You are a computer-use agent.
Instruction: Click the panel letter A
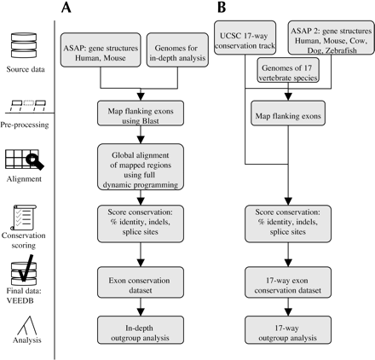pyautogui.click(x=66, y=7)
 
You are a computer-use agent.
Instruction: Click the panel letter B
pyautogui.click(x=222, y=7)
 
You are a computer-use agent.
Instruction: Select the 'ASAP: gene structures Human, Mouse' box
pyautogui.click(x=101, y=50)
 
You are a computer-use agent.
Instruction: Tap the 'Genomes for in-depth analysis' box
pyautogui.click(x=177, y=50)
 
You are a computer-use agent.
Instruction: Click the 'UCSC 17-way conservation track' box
pyautogui.click(x=245, y=38)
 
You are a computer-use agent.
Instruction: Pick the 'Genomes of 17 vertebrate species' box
pyautogui.click(x=288, y=70)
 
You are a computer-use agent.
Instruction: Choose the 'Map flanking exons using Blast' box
pyautogui.click(x=141, y=113)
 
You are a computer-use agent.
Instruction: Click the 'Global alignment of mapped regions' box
pyautogui.click(x=141, y=167)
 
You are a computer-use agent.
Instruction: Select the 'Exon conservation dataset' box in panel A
pyautogui.click(x=141, y=282)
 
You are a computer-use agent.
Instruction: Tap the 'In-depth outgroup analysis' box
pyautogui.click(x=141, y=330)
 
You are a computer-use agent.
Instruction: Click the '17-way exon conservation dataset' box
pyautogui.click(x=288, y=282)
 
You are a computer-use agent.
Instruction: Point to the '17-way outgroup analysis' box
pyautogui.click(x=288, y=330)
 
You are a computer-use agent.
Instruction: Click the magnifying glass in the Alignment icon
pyautogui.click(x=35, y=161)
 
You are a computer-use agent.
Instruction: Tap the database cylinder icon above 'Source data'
pyautogui.click(x=24, y=45)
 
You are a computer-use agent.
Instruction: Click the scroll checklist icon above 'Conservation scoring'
pyautogui.click(x=23, y=218)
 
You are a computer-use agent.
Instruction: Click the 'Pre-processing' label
pyautogui.click(x=25, y=125)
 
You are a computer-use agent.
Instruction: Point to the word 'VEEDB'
pyautogui.click(x=20, y=300)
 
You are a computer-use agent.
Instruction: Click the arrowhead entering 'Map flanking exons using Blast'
pyautogui.click(x=141, y=96)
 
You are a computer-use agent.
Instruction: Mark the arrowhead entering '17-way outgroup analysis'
pyautogui.click(x=288, y=312)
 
